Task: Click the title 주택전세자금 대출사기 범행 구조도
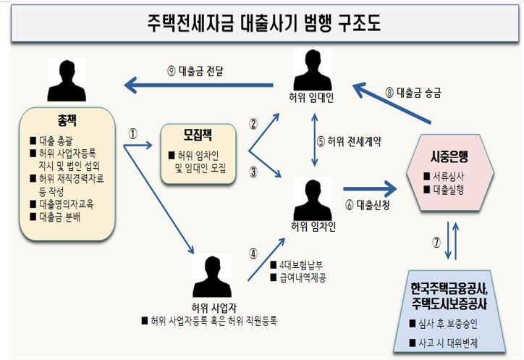(262, 21)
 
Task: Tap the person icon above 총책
(66, 79)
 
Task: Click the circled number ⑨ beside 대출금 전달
(171, 71)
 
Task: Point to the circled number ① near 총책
(132, 133)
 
